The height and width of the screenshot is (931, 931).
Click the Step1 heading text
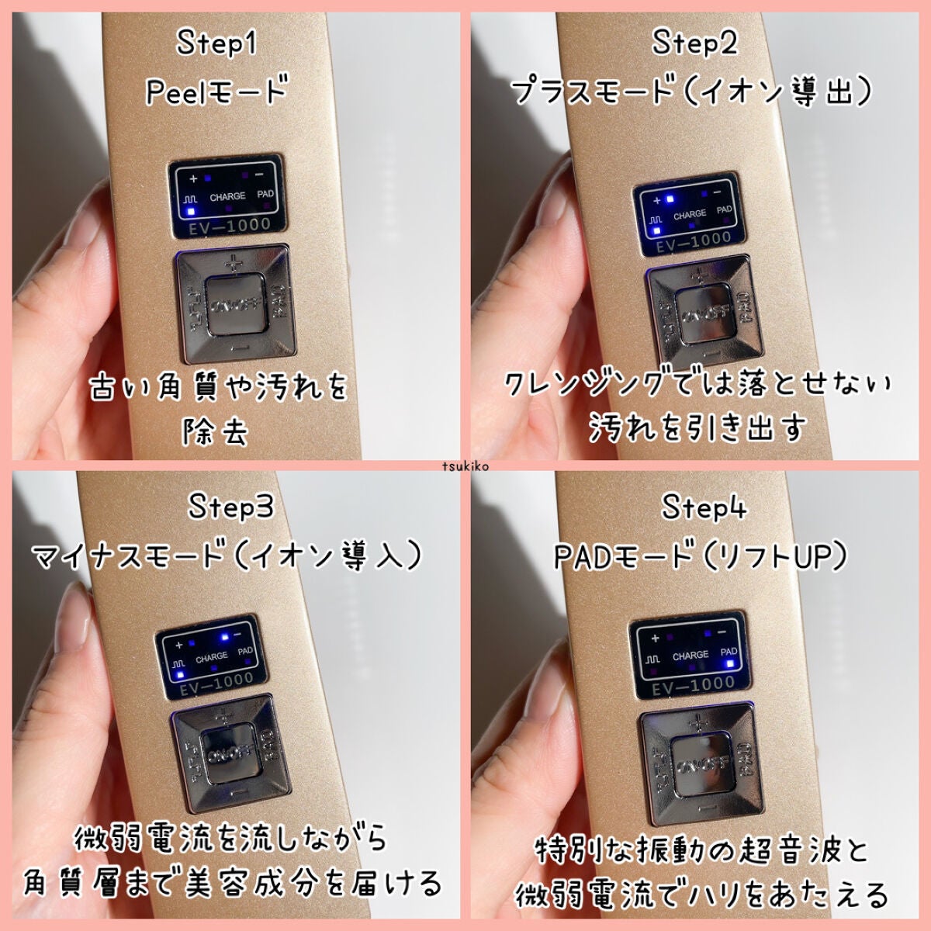(216, 43)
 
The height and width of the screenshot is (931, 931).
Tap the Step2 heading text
(694, 43)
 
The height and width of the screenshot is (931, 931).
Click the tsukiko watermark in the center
(465, 466)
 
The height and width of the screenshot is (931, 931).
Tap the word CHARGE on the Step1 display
(227, 197)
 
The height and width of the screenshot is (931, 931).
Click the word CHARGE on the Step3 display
(211, 657)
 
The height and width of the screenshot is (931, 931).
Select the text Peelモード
(216, 91)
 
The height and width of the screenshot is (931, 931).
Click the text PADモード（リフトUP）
(701, 556)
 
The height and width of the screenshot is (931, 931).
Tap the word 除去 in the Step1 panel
(216, 431)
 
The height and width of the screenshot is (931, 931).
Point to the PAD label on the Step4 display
(729, 652)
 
